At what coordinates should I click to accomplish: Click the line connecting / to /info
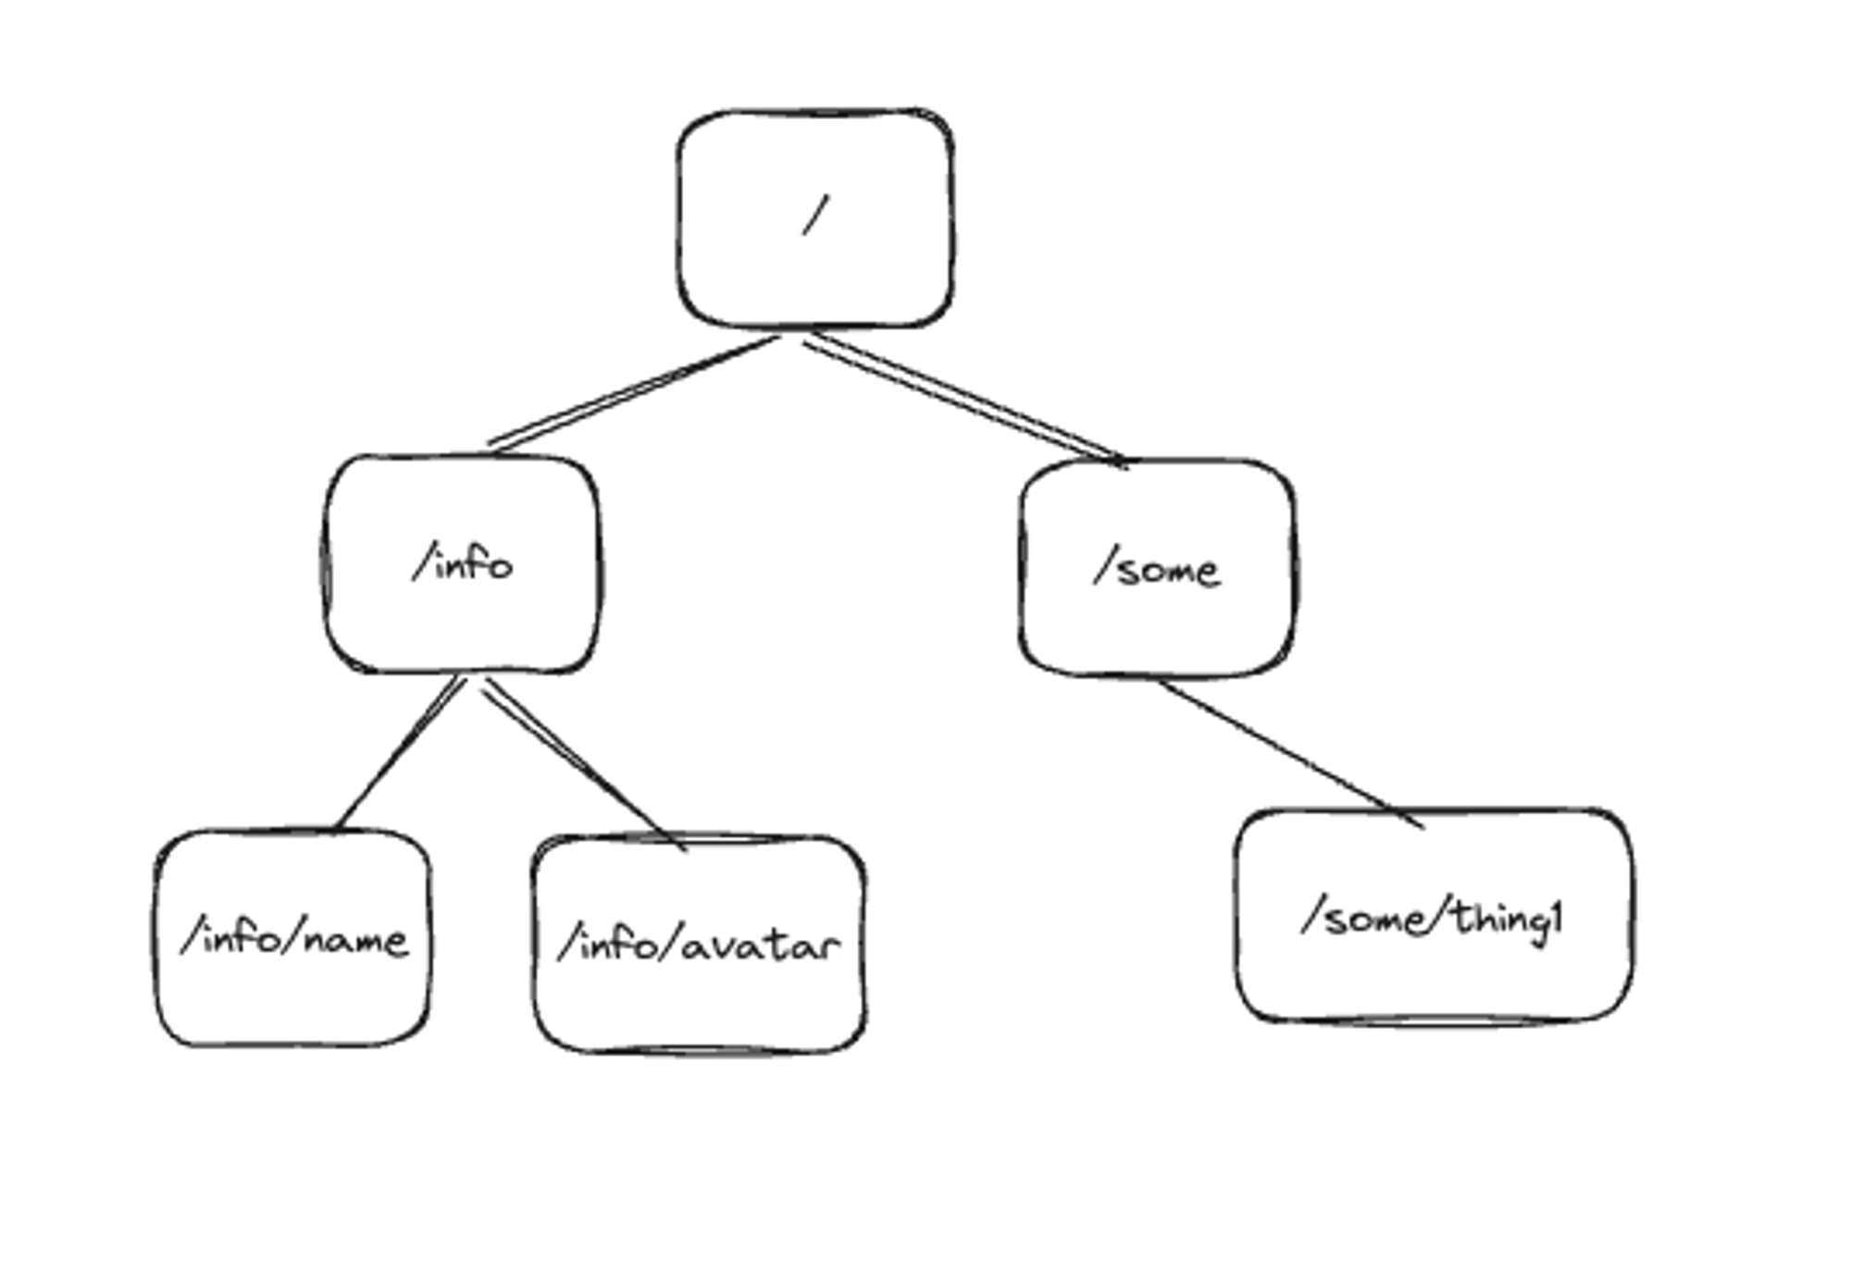tap(634, 393)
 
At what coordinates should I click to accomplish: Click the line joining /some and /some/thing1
tap(1291, 753)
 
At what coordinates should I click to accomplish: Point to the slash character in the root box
tap(815, 216)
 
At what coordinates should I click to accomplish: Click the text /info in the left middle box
tap(462, 564)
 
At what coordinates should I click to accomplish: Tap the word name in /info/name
tap(355, 941)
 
